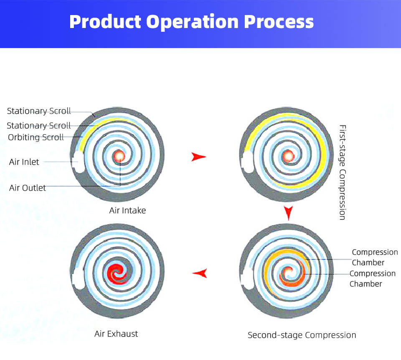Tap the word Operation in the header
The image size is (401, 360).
pyautogui.click(x=192, y=23)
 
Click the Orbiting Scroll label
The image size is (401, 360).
pyautogui.click(x=36, y=137)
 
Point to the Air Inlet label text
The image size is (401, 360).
pyautogui.click(x=24, y=162)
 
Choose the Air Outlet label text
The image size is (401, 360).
pyautogui.click(x=28, y=188)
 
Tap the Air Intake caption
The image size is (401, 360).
pyautogui.click(x=127, y=210)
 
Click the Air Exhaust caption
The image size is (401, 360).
pyautogui.click(x=116, y=334)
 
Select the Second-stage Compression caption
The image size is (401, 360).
pyautogui.click(x=302, y=335)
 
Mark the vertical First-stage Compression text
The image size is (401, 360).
pyautogui.click(x=343, y=172)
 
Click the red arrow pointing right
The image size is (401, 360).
pyautogui.click(x=198, y=157)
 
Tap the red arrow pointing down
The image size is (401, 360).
pyautogui.click(x=289, y=213)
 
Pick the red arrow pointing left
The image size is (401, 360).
pyautogui.click(x=200, y=273)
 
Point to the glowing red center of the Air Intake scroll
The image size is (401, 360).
pyautogui.click(x=119, y=156)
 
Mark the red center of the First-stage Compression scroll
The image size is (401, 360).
pyautogui.click(x=288, y=156)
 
